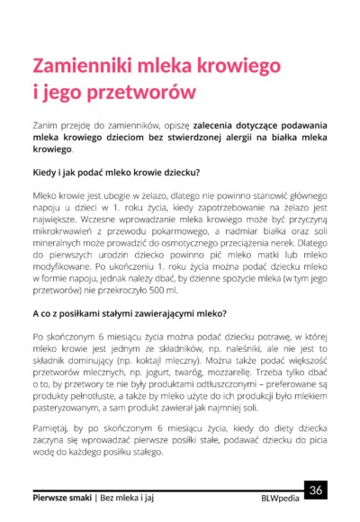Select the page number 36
point(316,490)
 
